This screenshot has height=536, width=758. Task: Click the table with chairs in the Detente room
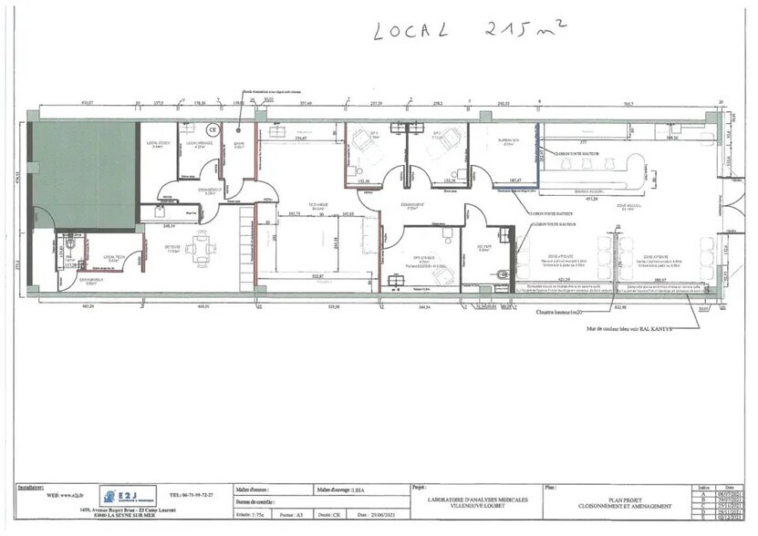pyautogui.click(x=201, y=248)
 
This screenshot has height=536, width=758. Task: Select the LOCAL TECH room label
pyautogui.click(x=113, y=258)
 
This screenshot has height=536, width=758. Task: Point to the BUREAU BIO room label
pyautogui.click(x=508, y=141)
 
